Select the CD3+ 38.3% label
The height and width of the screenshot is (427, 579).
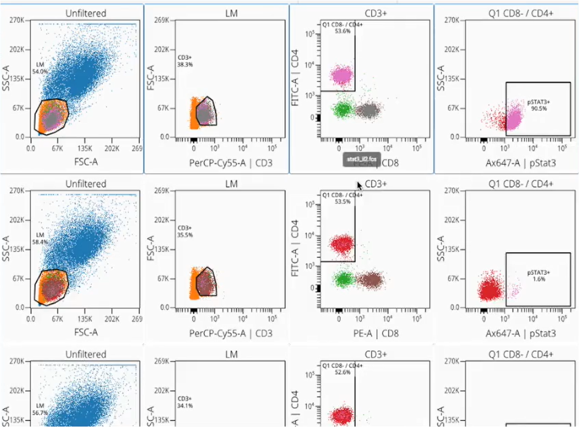coord(185,61)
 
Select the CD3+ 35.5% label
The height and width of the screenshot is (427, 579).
coord(185,232)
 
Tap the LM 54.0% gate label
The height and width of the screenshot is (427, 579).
coord(40,68)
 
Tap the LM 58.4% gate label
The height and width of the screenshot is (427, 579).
coord(40,239)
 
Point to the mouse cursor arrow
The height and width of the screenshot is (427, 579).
coord(360,185)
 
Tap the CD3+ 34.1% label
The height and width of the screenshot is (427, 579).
coord(185,402)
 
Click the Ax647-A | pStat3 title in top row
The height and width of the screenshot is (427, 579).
coord(521,163)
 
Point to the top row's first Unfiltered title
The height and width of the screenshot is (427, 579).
coord(86,13)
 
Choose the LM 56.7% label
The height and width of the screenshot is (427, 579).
coord(40,409)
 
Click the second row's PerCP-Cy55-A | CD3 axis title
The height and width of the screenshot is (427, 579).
coord(231,334)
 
